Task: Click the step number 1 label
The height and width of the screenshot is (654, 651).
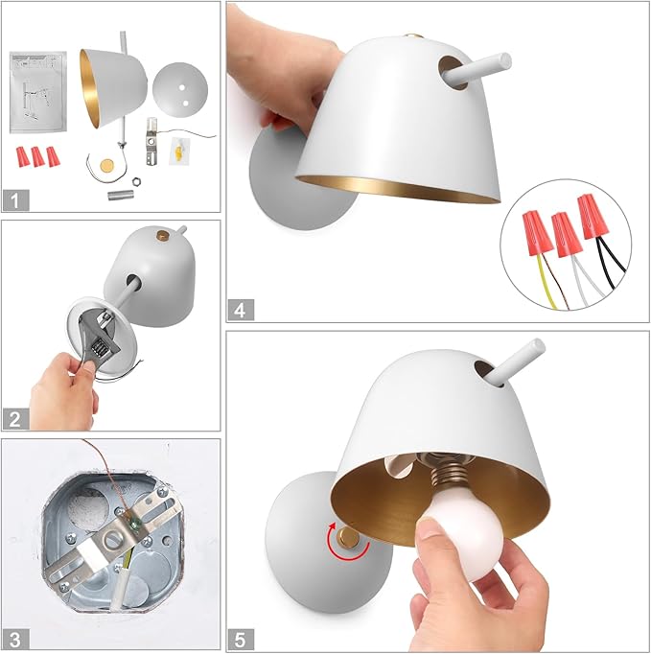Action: (x=16, y=199)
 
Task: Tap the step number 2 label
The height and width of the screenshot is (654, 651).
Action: (x=16, y=419)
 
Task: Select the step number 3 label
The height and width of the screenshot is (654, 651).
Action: (x=16, y=639)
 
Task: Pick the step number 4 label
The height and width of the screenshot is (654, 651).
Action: (x=241, y=310)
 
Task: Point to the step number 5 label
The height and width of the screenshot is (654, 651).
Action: (x=241, y=640)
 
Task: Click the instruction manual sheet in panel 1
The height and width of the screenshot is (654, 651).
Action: (x=38, y=92)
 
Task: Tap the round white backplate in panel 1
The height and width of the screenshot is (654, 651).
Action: (x=179, y=90)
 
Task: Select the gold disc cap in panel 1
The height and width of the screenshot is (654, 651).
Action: (x=108, y=165)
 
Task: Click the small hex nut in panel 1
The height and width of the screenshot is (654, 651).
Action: (x=135, y=181)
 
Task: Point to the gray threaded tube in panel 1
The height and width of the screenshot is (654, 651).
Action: (x=120, y=195)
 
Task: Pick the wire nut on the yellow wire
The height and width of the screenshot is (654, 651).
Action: (x=537, y=232)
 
